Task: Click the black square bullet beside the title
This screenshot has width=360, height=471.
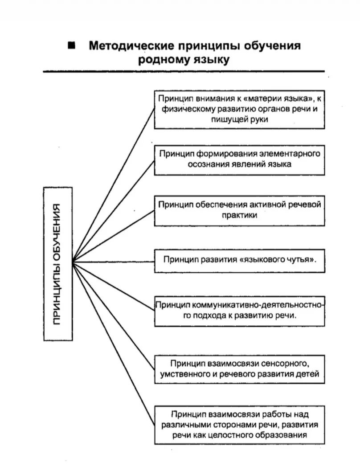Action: coord(71,45)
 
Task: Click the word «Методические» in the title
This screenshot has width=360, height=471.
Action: coord(131,45)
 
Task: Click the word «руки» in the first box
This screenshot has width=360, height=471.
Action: coord(258,119)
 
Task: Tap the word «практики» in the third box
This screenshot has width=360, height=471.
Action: coord(239,215)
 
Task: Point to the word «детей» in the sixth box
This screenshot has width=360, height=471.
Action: coord(307,374)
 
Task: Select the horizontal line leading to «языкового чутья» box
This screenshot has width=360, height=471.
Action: coord(114,262)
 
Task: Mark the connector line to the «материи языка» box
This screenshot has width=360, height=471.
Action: coord(114,184)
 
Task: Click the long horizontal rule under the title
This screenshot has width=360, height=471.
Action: coord(184,71)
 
